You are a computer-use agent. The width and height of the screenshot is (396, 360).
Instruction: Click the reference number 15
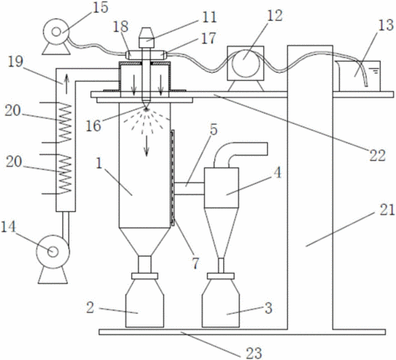100,7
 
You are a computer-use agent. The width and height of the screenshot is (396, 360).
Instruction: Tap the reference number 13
386,25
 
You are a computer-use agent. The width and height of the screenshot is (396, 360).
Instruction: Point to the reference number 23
254,353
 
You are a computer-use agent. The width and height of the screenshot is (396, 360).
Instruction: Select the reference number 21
387,210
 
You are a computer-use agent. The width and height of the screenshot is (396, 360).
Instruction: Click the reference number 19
15,62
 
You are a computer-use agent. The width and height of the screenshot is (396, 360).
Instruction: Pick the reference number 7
195,263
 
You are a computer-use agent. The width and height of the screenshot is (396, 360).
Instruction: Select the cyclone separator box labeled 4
222,187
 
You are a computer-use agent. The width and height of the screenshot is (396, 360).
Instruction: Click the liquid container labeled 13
358,76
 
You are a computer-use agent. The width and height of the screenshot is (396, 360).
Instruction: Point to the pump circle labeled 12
246,63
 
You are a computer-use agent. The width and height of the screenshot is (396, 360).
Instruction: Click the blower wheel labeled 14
53,251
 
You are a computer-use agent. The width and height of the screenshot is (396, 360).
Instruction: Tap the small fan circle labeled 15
56,32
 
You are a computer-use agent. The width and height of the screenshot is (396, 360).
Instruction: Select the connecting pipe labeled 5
189,189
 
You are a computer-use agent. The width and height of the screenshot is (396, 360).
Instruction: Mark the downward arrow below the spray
146,146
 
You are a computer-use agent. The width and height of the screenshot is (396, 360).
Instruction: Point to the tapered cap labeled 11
146,34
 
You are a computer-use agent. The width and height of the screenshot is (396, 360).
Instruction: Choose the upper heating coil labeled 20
65,122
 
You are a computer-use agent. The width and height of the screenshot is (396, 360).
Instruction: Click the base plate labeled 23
242,332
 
